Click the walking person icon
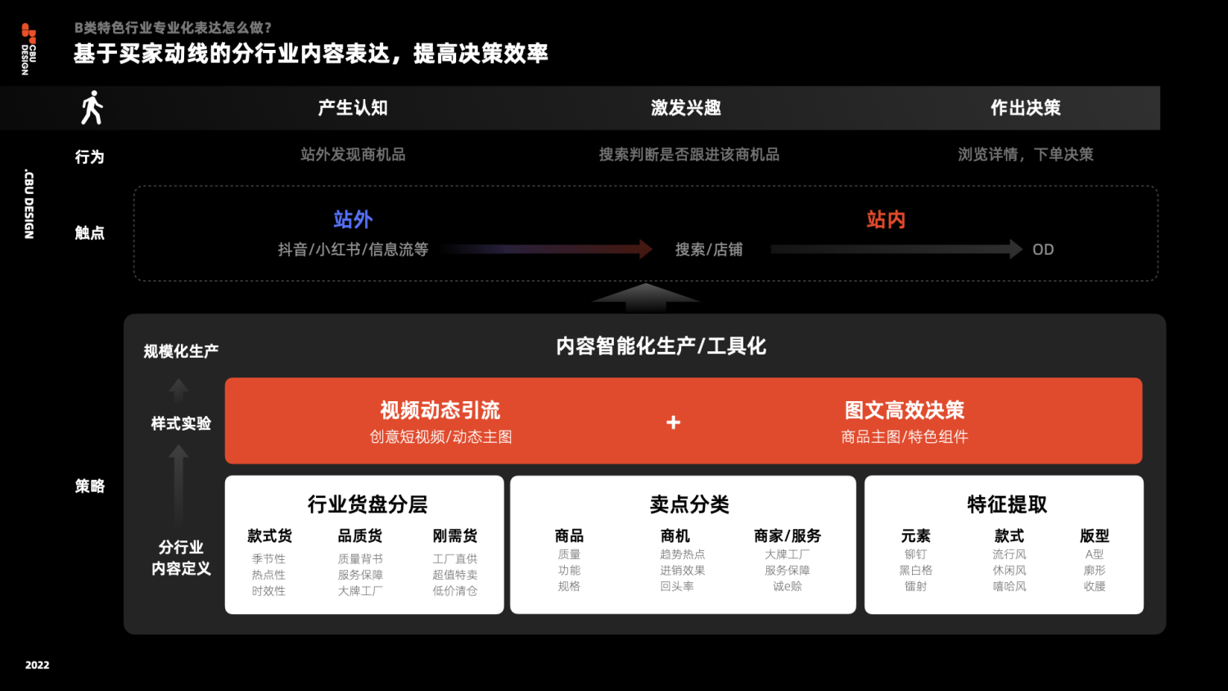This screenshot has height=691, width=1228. pyautogui.click(x=92, y=108)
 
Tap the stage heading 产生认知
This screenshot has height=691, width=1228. pyautogui.click(x=353, y=108)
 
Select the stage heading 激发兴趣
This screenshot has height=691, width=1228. pyautogui.click(x=686, y=108)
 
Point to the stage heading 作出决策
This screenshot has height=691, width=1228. pyautogui.click(x=1026, y=108)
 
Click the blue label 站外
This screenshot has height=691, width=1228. pyautogui.click(x=353, y=219)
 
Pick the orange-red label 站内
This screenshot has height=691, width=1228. pyautogui.click(x=886, y=219)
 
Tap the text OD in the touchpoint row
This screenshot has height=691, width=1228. pyautogui.click(x=1043, y=250)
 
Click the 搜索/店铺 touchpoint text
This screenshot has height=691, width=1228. pyautogui.click(x=709, y=250)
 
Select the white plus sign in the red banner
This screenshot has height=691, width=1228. pyautogui.click(x=673, y=422)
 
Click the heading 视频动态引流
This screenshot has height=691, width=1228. pyautogui.click(x=440, y=410)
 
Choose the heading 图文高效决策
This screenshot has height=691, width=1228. pyautogui.click(x=905, y=410)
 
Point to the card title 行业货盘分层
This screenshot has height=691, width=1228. pyautogui.click(x=368, y=504)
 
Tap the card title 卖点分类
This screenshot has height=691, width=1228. pyautogui.click(x=689, y=504)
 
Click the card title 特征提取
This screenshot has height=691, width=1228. pyautogui.click(x=1007, y=504)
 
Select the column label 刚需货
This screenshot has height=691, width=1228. pyautogui.click(x=455, y=536)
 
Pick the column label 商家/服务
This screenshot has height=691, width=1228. pyautogui.click(x=788, y=536)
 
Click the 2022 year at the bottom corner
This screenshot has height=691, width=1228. pyautogui.click(x=37, y=665)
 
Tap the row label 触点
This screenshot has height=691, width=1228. pyautogui.click(x=90, y=233)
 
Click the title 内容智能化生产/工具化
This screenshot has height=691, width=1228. pyautogui.click(x=661, y=346)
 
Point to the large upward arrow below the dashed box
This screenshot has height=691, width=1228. pyautogui.click(x=646, y=296)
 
